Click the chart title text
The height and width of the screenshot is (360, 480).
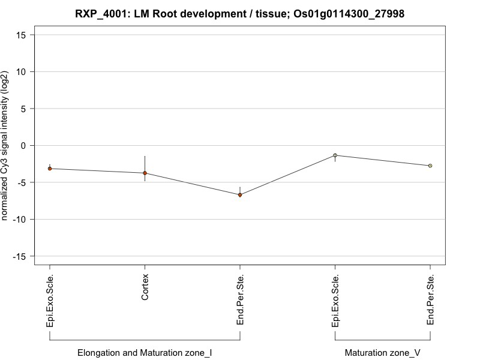[240, 13]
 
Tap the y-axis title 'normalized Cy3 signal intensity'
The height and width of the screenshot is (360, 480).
[5, 145]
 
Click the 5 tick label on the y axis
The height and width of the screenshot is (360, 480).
[22, 109]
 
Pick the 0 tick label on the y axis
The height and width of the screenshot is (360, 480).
[22, 145]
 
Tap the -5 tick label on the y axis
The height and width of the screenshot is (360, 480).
[21, 182]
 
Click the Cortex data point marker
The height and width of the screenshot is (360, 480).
[145, 173]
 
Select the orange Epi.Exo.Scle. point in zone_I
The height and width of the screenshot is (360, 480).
[50, 169]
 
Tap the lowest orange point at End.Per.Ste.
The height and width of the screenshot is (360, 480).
[240, 195]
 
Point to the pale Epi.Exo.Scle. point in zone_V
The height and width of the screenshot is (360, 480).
[335, 155]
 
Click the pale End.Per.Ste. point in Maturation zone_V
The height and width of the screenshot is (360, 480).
[430, 166]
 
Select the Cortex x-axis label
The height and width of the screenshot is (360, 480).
[145, 287]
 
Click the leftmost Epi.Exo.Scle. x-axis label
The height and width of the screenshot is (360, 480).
[50, 301]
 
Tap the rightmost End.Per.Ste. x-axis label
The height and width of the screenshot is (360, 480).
[430, 300]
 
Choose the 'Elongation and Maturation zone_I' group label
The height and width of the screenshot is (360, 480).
[145, 353]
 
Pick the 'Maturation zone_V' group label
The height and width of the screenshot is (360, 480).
[383, 353]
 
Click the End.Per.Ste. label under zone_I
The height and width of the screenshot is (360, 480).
[240, 300]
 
